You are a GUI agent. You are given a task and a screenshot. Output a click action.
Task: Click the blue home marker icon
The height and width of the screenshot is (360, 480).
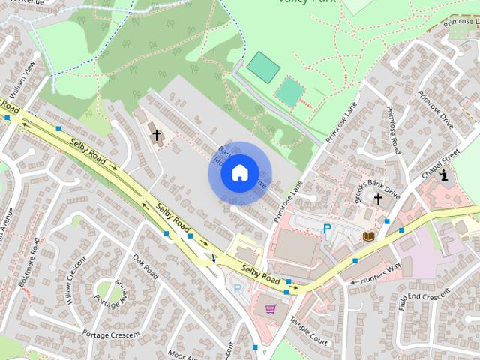tap(239, 173)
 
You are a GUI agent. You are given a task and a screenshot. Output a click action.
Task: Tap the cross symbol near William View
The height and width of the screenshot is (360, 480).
tap(157, 136)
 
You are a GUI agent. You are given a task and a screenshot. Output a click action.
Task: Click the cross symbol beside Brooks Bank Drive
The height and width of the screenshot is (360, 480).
tap(378, 199)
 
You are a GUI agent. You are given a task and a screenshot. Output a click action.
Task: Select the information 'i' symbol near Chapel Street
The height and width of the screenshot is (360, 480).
tap(445, 176)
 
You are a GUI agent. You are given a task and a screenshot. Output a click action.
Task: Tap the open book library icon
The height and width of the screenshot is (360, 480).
tap(368, 236)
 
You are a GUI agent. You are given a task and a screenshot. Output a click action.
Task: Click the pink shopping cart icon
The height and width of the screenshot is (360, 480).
tap(270, 308)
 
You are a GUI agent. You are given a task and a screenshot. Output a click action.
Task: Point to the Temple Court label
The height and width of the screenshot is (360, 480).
tap(308, 329)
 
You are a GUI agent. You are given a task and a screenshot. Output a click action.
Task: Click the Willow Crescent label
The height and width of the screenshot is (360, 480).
tap(75, 281)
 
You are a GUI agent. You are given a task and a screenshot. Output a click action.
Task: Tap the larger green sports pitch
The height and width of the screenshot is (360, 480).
tap(263, 67)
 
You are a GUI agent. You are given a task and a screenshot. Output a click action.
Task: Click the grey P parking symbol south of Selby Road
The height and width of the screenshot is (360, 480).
tap(238, 288)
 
